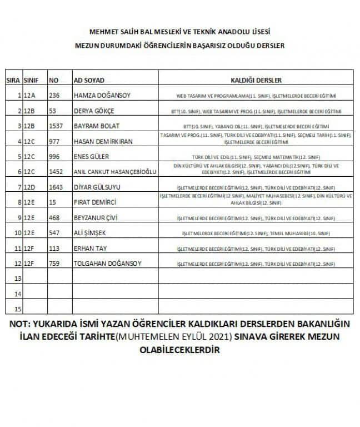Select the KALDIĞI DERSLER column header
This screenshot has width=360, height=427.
(256, 81)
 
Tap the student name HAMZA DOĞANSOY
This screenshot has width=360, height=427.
(102, 96)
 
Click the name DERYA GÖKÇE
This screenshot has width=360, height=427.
(92, 111)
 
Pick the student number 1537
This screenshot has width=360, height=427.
(56, 126)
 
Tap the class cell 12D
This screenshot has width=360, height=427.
(29, 186)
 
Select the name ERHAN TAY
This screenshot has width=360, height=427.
(89, 247)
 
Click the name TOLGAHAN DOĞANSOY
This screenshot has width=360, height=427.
(108, 262)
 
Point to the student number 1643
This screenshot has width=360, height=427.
(56, 186)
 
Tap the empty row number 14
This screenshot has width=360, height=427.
(17, 293)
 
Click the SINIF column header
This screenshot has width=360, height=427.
(31, 81)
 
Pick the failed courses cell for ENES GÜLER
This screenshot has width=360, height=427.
(256, 156)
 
